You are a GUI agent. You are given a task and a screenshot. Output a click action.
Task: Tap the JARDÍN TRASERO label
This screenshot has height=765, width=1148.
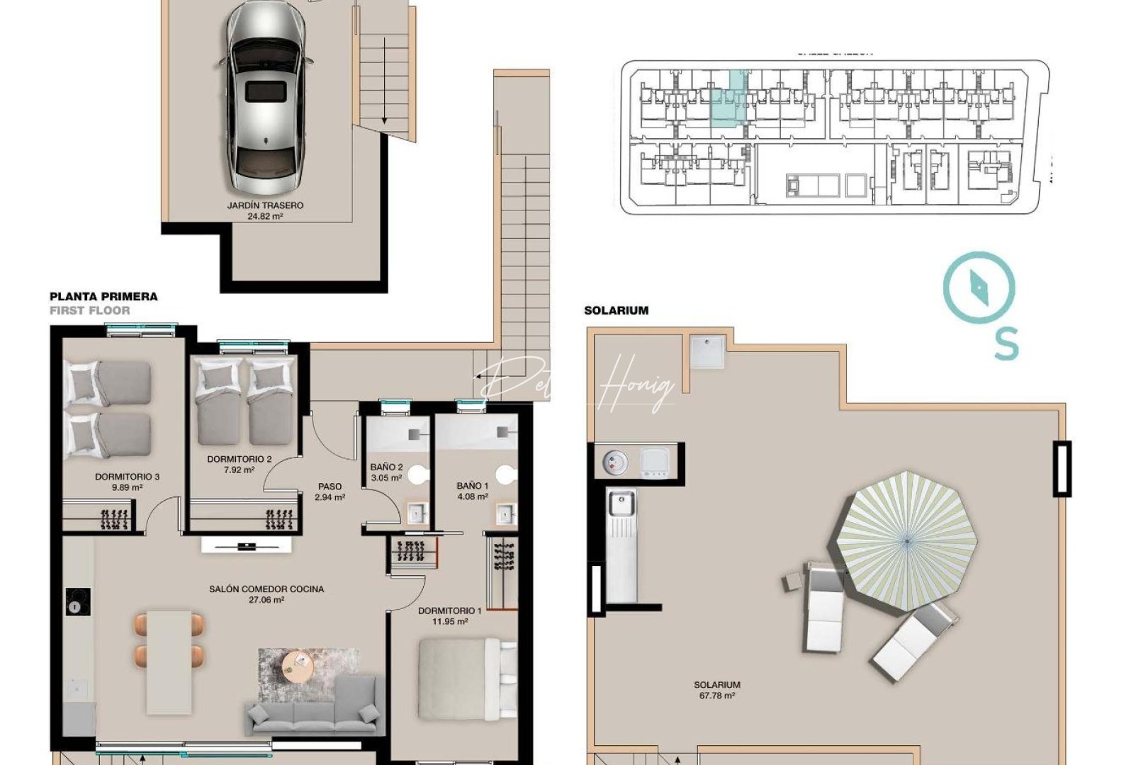[x=265, y=205]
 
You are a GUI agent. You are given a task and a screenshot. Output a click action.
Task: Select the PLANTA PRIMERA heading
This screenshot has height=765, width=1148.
[x=103, y=297]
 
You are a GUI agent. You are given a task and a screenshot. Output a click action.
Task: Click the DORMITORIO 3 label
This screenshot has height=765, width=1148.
[x=127, y=477]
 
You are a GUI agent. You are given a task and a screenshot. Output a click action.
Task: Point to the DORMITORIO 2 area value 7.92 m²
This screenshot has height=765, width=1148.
[x=239, y=470]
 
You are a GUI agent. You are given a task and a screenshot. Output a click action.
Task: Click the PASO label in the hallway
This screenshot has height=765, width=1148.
[x=330, y=487]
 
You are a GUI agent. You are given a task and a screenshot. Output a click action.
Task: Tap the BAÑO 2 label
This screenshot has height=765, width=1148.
[x=386, y=467]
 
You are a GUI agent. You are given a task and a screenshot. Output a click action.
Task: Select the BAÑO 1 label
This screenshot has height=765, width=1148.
[x=472, y=486]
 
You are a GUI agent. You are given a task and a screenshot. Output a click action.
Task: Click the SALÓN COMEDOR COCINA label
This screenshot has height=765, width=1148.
[x=266, y=589]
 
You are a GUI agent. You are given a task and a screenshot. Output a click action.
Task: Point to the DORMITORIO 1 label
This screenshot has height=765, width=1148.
[x=449, y=611]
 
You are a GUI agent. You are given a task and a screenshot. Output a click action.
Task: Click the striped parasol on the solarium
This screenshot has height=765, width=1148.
[x=906, y=540]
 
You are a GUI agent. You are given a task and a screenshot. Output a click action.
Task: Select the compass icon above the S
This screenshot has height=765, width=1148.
[x=979, y=288]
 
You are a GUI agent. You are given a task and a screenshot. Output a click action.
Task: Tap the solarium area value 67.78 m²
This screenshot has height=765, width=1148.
[x=716, y=696]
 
